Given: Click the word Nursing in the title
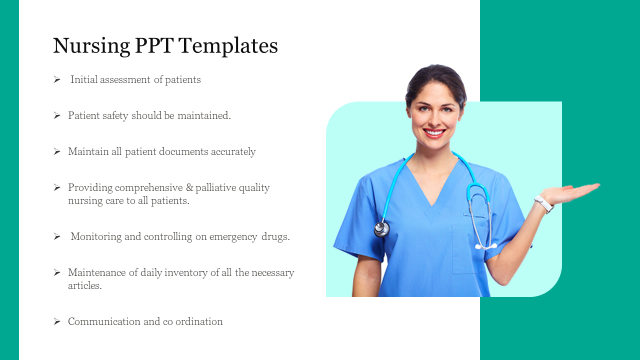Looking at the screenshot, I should tap(91, 46).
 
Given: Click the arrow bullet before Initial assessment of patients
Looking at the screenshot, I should tap(57, 79).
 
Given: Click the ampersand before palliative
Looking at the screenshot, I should tap(189, 187).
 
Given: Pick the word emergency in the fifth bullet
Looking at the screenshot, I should tap(234, 236).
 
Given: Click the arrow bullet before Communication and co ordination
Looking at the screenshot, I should tap(57, 321).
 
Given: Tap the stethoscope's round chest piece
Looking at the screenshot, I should tap(381, 229).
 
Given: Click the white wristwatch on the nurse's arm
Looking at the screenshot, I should tap(543, 204).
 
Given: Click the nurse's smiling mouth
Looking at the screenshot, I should tap(433, 133).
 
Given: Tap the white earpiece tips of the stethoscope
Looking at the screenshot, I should tap(485, 246).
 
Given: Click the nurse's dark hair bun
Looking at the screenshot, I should tap(435, 75).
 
